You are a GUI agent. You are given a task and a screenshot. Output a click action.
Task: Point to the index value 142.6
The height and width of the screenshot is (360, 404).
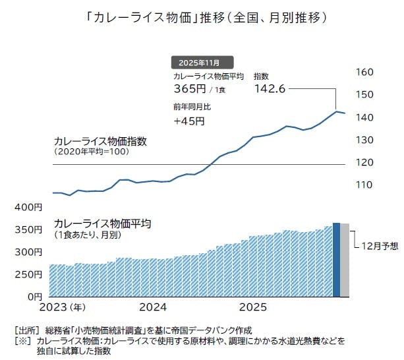pyautogui.click(x=269, y=88)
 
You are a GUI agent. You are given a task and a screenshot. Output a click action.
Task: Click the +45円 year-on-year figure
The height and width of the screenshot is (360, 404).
pyautogui.click(x=190, y=121)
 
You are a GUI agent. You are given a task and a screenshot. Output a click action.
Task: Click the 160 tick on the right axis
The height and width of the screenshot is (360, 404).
pyautogui.click(x=364, y=72)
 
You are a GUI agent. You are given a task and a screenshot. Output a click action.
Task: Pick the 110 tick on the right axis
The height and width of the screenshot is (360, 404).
pyautogui.click(x=364, y=185)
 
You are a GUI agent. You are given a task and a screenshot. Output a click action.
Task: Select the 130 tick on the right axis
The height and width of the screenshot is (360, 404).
pyautogui.click(x=364, y=140)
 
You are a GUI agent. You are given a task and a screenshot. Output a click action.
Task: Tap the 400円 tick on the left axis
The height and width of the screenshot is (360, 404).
pyautogui.click(x=28, y=208)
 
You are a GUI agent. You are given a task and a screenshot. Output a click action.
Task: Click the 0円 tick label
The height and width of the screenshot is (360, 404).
pyautogui.click(x=34, y=296)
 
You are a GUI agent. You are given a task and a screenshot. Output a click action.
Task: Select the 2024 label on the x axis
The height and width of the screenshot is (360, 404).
pyautogui.click(x=154, y=307)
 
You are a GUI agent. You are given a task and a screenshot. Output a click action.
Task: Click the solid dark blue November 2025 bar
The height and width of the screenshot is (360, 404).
pyautogui.click(x=336, y=260)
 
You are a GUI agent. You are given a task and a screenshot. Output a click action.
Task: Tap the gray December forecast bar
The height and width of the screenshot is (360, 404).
pyautogui.click(x=345, y=260)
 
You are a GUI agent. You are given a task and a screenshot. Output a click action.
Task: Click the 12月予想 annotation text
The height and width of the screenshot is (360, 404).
pyautogui.click(x=380, y=246)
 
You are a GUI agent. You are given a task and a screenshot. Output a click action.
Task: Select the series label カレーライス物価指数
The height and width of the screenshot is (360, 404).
pyautogui.click(x=100, y=141)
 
